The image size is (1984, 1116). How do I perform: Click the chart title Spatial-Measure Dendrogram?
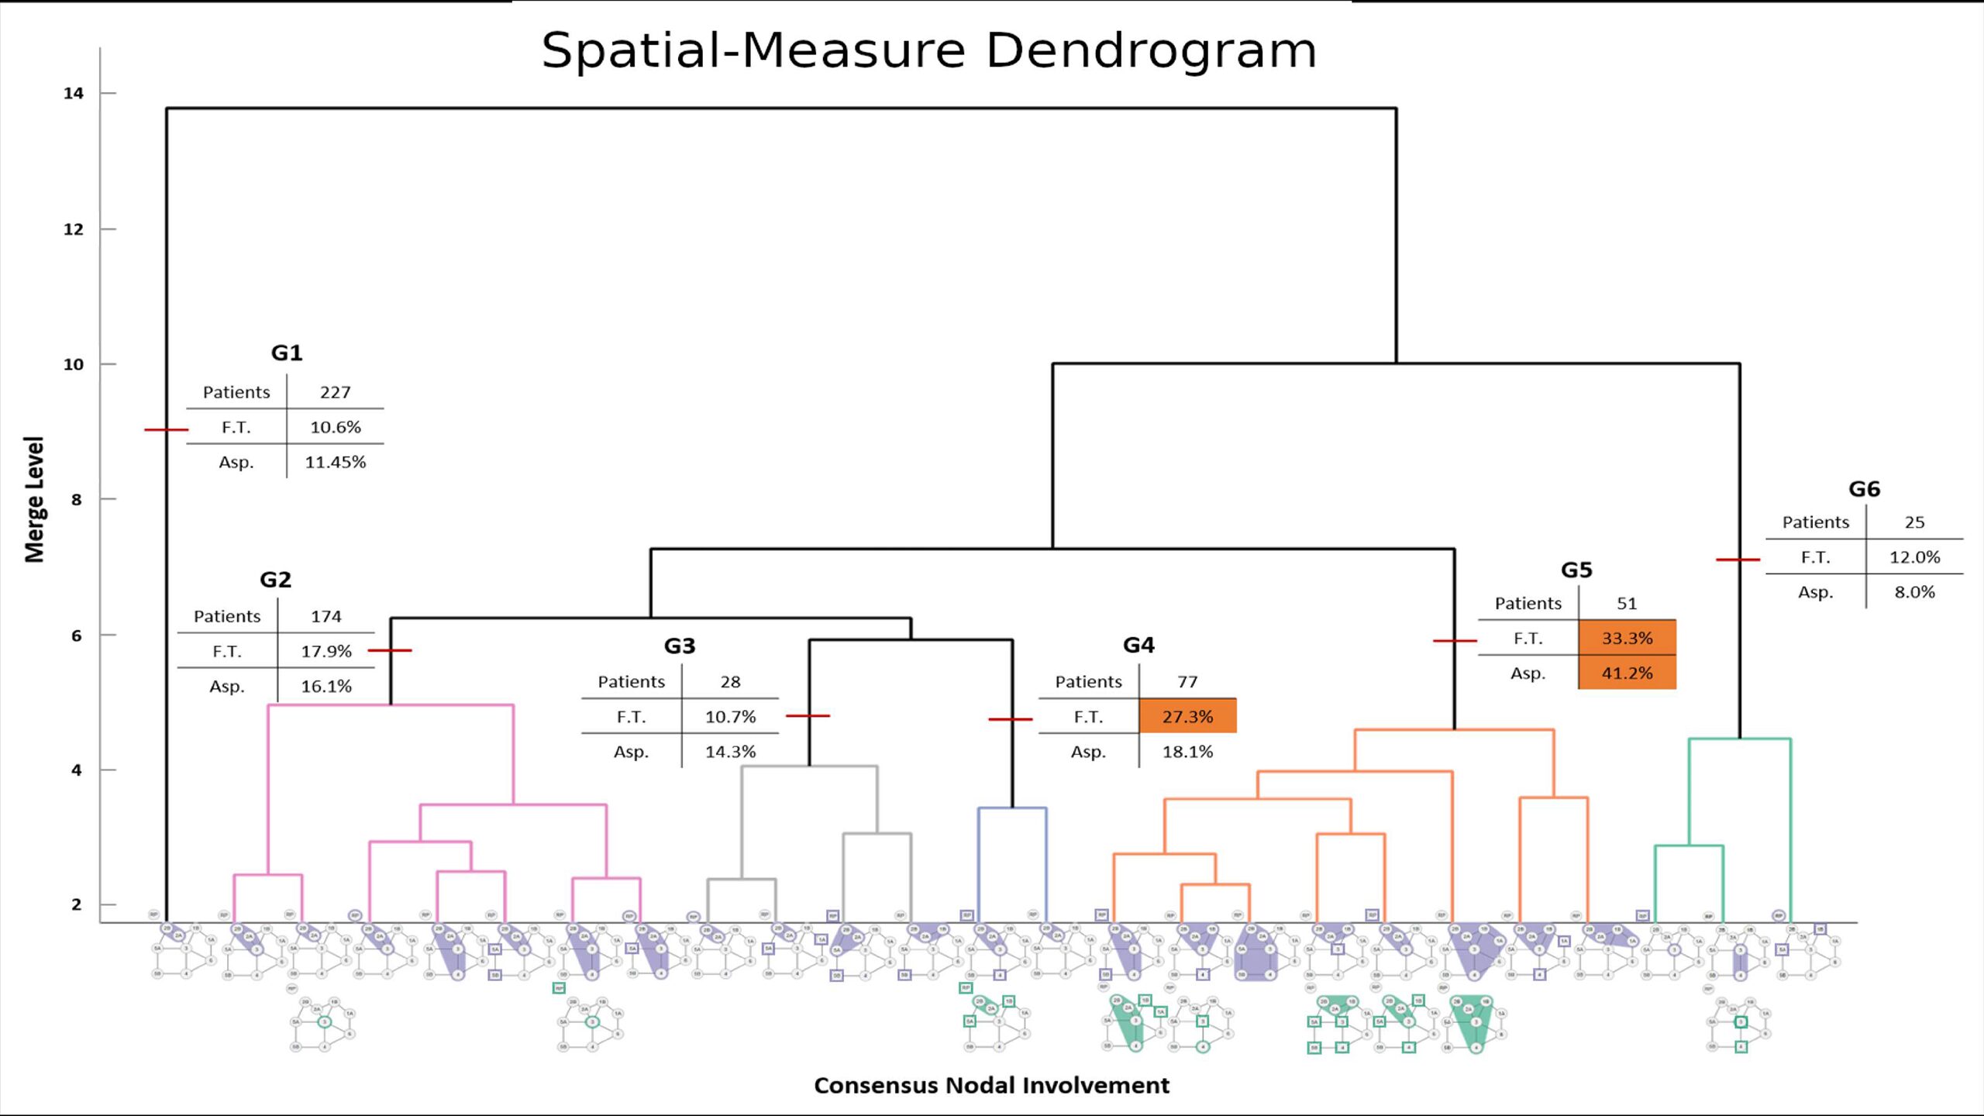pyautogui.click(x=928, y=51)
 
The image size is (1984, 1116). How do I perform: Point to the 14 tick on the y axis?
pyautogui.click(x=74, y=94)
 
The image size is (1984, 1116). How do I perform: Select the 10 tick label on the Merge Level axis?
pyautogui.click(x=74, y=364)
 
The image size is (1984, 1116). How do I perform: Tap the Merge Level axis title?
pyautogui.click(x=35, y=499)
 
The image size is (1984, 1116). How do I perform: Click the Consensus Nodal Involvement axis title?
pyautogui.click(x=991, y=1085)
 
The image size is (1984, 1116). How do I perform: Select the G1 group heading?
pyautogui.click(x=287, y=353)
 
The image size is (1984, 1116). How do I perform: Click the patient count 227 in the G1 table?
pyautogui.click(x=335, y=392)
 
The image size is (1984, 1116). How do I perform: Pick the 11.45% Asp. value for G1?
pyautogui.click(x=335, y=462)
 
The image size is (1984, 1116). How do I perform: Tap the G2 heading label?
pyautogui.click(x=275, y=580)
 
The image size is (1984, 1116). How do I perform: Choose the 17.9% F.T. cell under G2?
pyautogui.click(x=325, y=651)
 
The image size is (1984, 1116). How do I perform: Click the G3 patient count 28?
pyautogui.click(x=730, y=682)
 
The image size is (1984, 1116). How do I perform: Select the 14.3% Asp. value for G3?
pyautogui.click(x=730, y=752)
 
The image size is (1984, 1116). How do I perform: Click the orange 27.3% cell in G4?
pyautogui.click(x=1187, y=716)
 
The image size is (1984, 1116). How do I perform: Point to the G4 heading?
pyautogui.click(x=1138, y=646)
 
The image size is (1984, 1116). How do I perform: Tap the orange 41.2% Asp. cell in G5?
pyautogui.click(x=1627, y=673)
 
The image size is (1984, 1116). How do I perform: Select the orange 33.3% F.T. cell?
pyautogui.click(x=1627, y=638)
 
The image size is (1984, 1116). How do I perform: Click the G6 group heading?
pyautogui.click(x=1864, y=490)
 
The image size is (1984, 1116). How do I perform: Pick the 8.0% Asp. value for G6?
pyautogui.click(x=1914, y=592)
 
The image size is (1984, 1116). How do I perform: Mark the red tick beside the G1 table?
pyautogui.click(x=166, y=429)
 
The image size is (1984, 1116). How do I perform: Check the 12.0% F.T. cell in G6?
pyautogui.click(x=1914, y=557)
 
